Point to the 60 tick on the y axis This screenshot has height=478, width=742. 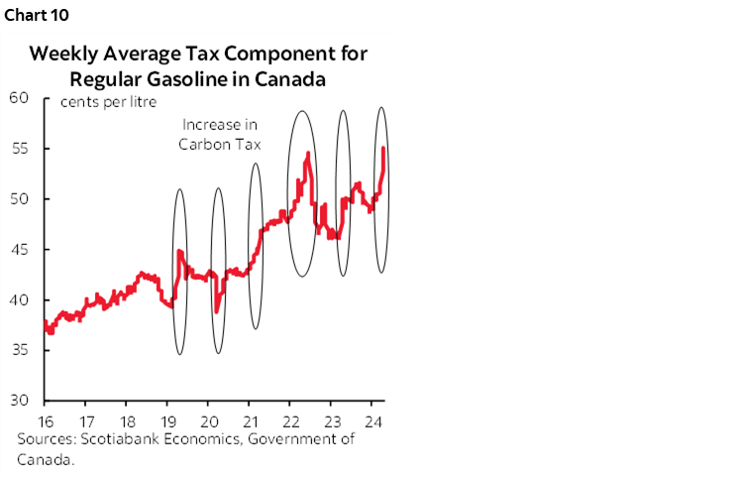click(x=20, y=97)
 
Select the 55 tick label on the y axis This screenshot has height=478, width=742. click(x=20, y=148)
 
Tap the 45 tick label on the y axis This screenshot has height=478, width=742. click(x=20, y=249)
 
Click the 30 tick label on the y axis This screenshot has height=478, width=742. click(x=20, y=400)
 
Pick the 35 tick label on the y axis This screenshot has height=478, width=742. click(x=20, y=350)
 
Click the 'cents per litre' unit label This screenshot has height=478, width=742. click(x=109, y=102)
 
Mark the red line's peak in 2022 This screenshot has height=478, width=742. click(x=309, y=153)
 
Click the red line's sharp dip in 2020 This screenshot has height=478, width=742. click(x=216, y=312)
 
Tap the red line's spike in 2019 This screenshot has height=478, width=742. click(x=178, y=252)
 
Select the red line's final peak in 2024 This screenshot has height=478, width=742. click(x=383, y=149)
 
